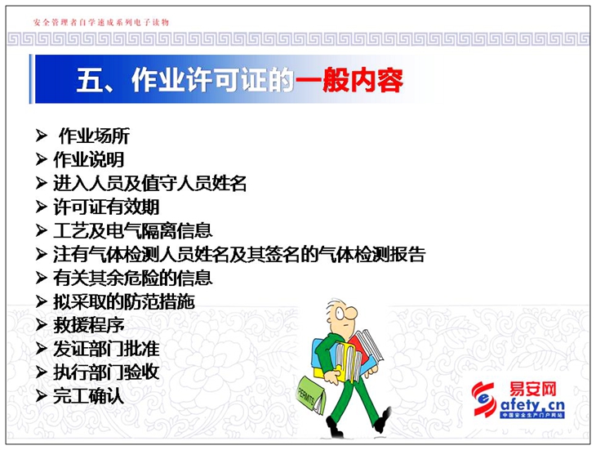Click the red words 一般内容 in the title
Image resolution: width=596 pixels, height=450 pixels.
pyautogui.click(x=349, y=80)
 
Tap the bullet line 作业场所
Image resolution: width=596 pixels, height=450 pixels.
pyautogui.click(x=94, y=136)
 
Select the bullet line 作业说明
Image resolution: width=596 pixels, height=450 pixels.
pyautogui.click(x=88, y=159)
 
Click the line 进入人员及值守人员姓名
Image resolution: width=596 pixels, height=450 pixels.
pyautogui.click(x=149, y=183)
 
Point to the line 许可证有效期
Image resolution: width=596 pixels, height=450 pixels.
pyautogui.click(x=106, y=207)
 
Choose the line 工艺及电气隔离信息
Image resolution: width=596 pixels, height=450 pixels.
pyautogui.click(x=132, y=230)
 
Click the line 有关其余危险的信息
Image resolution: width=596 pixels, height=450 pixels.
pyautogui.click(x=132, y=278)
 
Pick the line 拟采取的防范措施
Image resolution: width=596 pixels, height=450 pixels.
pyautogui.click(x=124, y=302)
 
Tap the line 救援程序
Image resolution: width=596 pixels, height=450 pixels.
pyautogui.click(x=88, y=325)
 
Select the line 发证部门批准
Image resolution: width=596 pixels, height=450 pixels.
pyautogui.click(x=106, y=349)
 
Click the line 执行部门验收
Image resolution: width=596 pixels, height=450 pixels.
pyautogui.click(x=106, y=372)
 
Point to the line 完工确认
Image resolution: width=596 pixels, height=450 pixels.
pyautogui.click(x=88, y=396)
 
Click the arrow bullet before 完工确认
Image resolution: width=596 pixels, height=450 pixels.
pyautogui.click(x=41, y=396)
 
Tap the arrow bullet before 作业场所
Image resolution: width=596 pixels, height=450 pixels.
pyautogui.click(x=41, y=136)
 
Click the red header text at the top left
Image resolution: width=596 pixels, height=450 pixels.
pyautogui.click(x=101, y=22)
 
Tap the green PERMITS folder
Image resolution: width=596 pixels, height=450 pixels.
pyautogui.click(x=311, y=394)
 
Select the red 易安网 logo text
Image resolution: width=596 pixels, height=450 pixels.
pyautogui.click(x=533, y=390)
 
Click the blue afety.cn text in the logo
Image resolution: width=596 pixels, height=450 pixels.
pyautogui.click(x=532, y=405)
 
